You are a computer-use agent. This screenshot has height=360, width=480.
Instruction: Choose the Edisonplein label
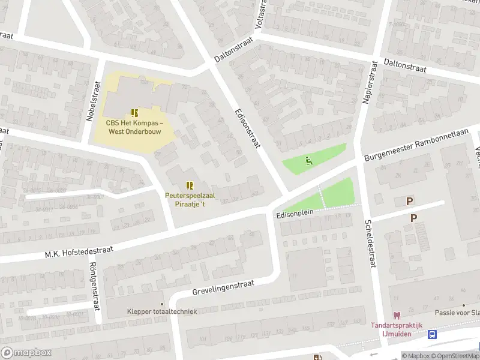point(296,214)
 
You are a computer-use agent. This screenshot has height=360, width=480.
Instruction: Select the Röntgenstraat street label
point(92,286)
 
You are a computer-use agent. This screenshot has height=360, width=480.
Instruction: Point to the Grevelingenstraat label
point(224,287)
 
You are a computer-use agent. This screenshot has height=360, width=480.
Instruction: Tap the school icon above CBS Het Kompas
point(134,113)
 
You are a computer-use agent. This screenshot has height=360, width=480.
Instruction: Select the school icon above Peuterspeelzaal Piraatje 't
point(190,185)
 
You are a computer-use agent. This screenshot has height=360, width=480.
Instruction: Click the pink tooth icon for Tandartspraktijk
point(396,315)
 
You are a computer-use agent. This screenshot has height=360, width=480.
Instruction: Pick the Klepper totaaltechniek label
point(161,311)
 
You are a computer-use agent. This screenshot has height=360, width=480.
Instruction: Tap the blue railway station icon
point(433,335)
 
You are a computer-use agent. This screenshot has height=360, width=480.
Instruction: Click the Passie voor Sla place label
point(457,313)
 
